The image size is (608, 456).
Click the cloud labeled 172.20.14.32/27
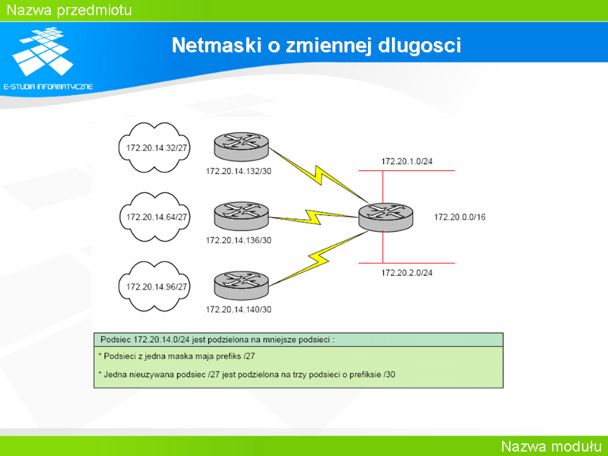pyautogui.click(x=154, y=147)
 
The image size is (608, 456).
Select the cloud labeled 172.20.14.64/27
pyautogui.click(x=154, y=217)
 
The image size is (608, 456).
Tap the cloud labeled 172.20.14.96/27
pyautogui.click(x=154, y=287)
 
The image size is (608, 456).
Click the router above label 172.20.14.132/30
pyautogui.click(x=241, y=147)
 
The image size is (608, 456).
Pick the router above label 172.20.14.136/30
pyautogui.click(x=241, y=216)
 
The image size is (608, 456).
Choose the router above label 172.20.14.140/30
pyautogui.click(x=241, y=286)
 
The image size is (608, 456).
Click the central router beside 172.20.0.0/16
pyautogui.click(x=386, y=217)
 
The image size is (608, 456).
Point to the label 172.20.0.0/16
pyautogui.click(x=460, y=217)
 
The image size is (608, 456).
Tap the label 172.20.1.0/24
pyautogui.click(x=407, y=161)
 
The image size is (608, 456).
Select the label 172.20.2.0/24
pyautogui.click(x=407, y=273)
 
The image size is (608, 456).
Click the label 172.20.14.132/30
pyautogui.click(x=239, y=171)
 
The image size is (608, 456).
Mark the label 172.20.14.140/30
pyautogui.click(x=239, y=309)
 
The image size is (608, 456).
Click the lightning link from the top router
pyautogui.click(x=318, y=176)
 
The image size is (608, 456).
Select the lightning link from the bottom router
pyautogui.click(x=318, y=258)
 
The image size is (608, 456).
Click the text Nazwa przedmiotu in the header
pyautogui.click(x=69, y=10)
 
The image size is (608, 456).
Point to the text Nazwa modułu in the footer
pyautogui.click(x=552, y=446)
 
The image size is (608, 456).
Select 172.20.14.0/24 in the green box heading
pyautogui.click(x=162, y=340)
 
